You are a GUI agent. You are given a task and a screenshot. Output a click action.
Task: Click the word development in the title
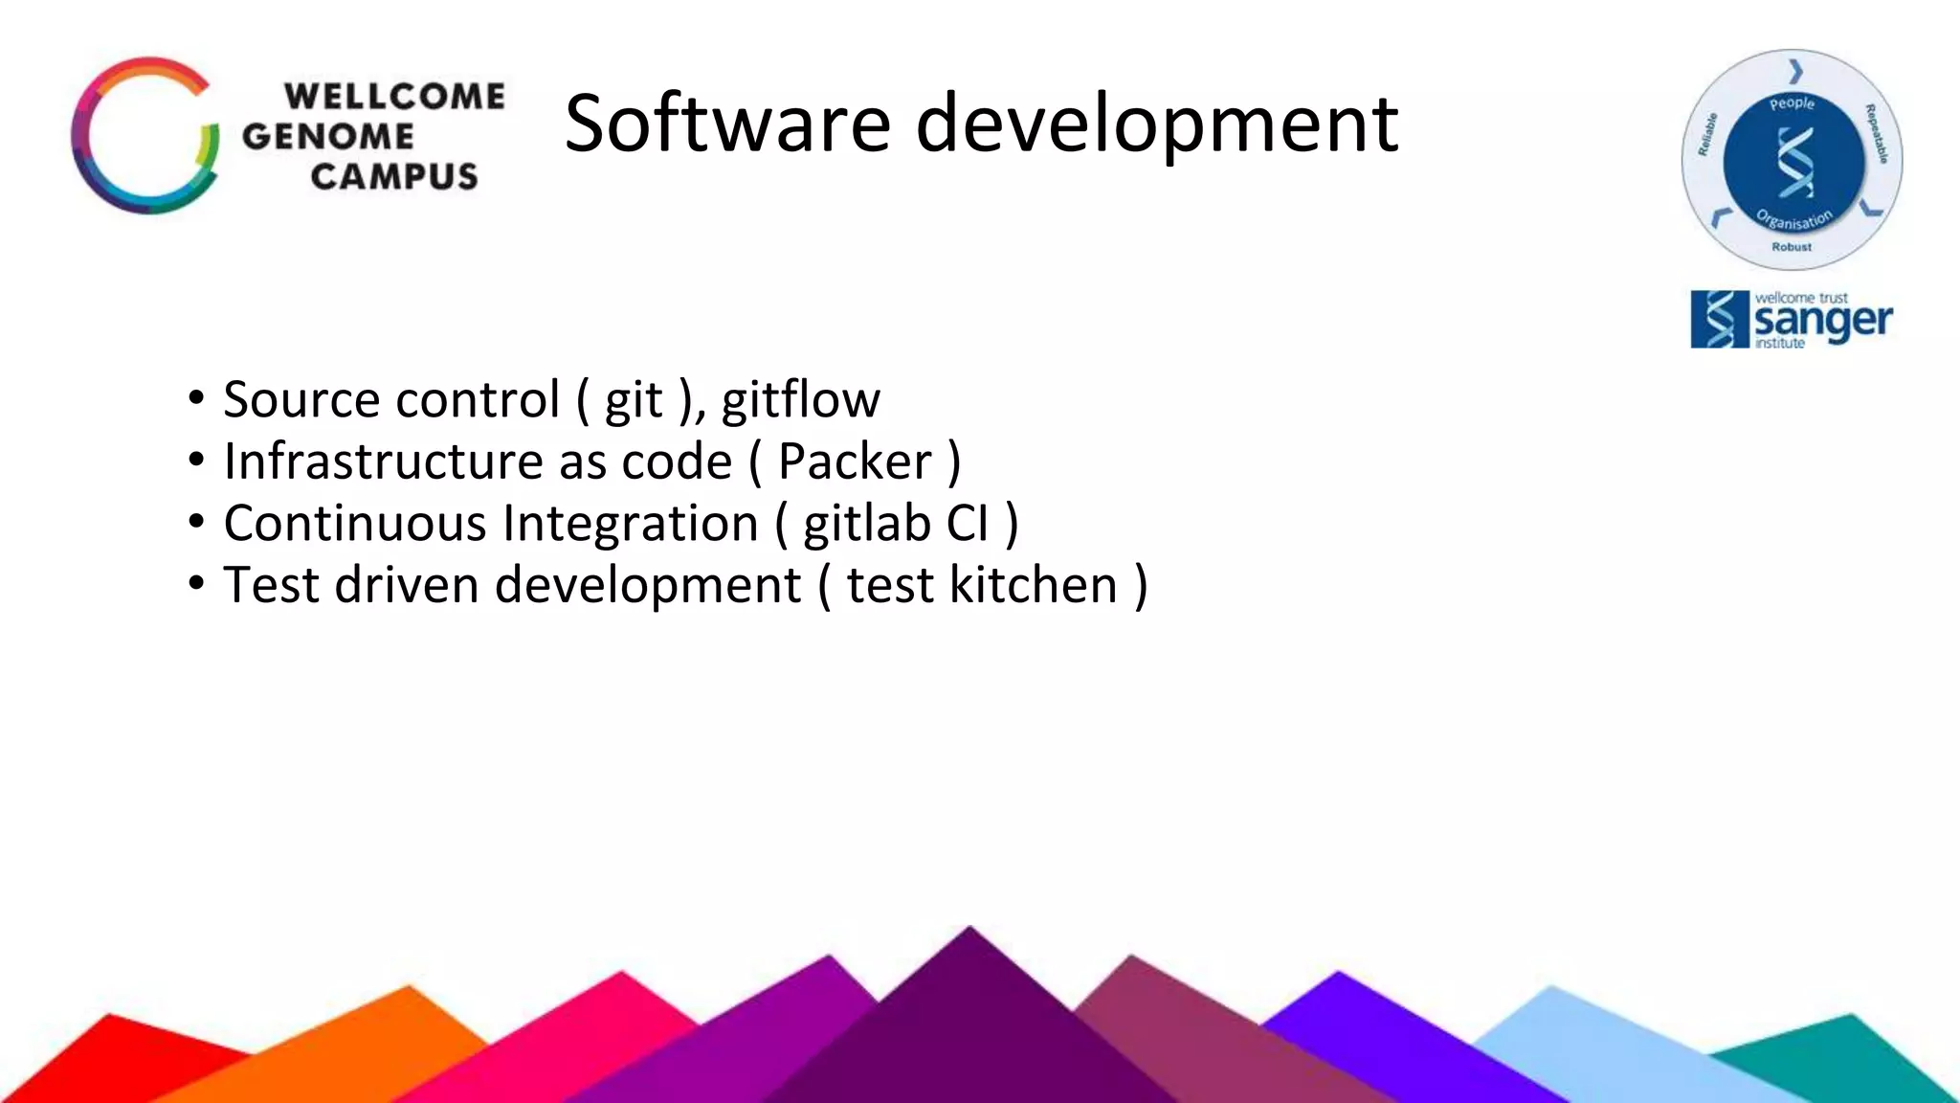tap(1156, 124)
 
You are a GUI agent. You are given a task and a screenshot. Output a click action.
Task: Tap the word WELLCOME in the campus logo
tap(394, 96)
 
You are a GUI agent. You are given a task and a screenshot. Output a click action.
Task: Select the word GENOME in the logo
tap(327, 136)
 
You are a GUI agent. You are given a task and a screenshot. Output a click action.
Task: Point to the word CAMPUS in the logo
tap(393, 176)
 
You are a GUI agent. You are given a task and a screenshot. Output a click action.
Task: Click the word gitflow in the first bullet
tap(800, 399)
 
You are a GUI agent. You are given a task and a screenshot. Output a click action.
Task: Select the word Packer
tap(855, 461)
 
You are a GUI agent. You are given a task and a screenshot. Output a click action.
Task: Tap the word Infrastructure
tap(383, 461)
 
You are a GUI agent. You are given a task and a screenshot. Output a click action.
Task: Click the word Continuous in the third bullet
tap(355, 524)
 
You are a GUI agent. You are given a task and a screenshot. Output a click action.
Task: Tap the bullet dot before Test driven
tap(196, 583)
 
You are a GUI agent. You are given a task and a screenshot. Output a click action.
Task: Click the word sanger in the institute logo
tap(1822, 322)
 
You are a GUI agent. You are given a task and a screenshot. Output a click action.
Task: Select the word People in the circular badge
tap(1792, 103)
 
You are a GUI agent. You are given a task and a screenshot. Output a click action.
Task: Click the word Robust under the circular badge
tap(1792, 247)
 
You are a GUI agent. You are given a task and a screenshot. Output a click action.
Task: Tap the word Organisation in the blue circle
tap(1794, 220)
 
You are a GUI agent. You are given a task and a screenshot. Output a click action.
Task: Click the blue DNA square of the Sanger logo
tap(1719, 320)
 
